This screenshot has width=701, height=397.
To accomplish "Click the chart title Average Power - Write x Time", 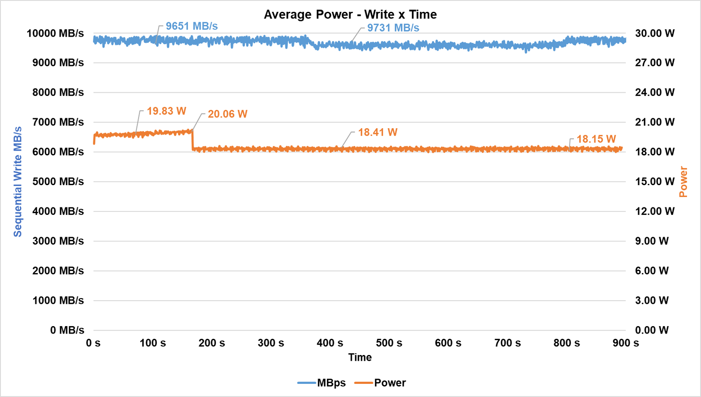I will pos(350,14).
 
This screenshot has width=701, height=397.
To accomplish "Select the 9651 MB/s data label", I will pos(191,26).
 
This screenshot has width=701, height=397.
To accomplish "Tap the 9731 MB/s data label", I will pos(393,28).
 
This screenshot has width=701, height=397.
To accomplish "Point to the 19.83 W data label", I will pos(166,111).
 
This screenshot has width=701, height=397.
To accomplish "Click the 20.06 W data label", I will pos(227,114).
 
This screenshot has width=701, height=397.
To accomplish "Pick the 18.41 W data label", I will pos(378,132).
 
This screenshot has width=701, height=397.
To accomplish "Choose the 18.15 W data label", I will pos(596,139).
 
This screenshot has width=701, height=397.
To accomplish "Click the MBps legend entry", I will pos(322,383).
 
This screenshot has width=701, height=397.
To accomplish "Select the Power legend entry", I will pos(380,383).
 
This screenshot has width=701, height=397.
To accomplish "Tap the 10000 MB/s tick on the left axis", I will pos(55,33).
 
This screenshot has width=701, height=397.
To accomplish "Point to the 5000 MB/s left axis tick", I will pos(58,182).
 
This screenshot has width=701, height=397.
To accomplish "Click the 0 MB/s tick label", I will pos(67,330).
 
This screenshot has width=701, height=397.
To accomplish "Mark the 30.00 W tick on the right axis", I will pos(655,33).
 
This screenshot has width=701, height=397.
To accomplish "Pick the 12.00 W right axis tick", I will pos(655,211).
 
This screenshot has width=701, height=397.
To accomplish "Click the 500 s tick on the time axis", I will pos(389,343).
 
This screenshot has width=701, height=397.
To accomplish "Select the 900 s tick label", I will pos(626,343).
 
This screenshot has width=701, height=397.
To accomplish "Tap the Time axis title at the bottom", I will pos(360,357).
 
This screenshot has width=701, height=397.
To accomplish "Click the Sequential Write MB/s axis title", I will pos(18,182).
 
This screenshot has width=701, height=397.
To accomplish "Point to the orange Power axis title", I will pos(683,182).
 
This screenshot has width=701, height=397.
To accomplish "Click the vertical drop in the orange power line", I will pos(193,140).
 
